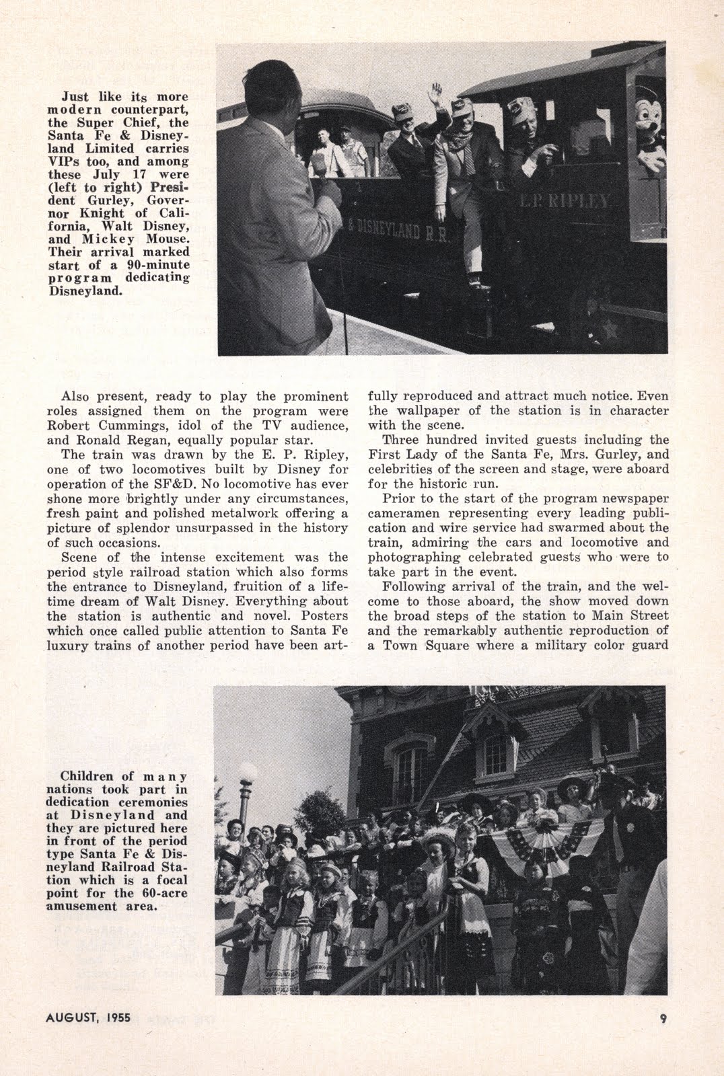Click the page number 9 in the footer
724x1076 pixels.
click(x=663, y=1018)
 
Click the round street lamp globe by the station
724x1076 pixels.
click(x=248, y=774)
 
